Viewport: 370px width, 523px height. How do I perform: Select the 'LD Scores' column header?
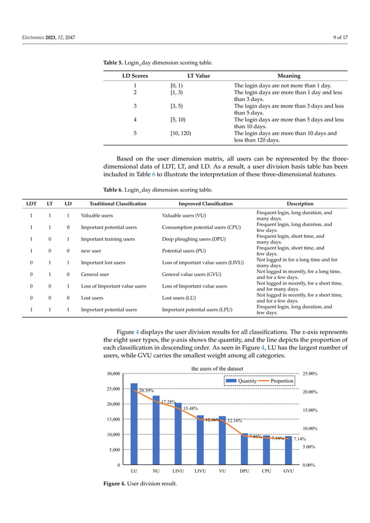click(x=135, y=75)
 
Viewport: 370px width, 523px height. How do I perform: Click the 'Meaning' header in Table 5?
click(x=289, y=75)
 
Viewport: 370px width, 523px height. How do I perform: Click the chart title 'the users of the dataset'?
click(x=217, y=368)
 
